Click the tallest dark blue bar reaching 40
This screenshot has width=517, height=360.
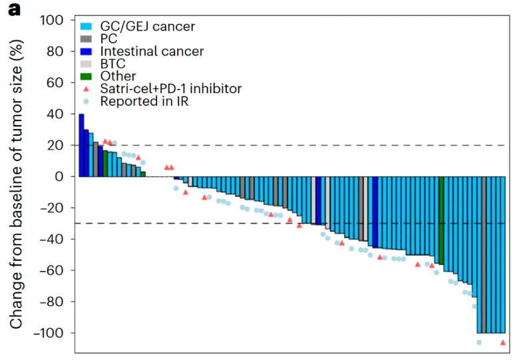pyautogui.click(x=81, y=145)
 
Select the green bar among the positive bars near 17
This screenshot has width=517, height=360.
pyautogui.click(x=105, y=164)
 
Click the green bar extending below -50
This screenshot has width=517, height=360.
pyautogui.click(x=441, y=220)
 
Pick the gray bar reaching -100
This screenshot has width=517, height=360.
pyautogui.click(x=484, y=255)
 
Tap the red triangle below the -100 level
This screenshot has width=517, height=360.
pyautogui.click(x=503, y=343)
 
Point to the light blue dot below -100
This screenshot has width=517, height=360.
pyautogui.click(x=479, y=343)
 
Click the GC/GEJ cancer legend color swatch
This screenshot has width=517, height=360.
pyautogui.click(x=86, y=27)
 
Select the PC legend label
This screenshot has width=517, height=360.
pyautogui.click(x=109, y=39)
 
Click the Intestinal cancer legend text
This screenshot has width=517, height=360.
pyautogui.click(x=152, y=51)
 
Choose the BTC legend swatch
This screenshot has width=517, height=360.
pyautogui.click(x=86, y=64)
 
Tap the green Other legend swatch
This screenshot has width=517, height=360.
pyautogui.click(x=86, y=77)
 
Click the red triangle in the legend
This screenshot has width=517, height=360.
pyautogui.click(x=86, y=89)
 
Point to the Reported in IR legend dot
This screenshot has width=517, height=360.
pyautogui.click(x=86, y=102)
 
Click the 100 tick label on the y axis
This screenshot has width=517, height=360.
pyautogui.click(x=52, y=21)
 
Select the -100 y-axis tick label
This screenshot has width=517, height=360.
pyautogui.click(x=48, y=333)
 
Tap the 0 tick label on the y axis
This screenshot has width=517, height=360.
pyautogui.click(x=59, y=177)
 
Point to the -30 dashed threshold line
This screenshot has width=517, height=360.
pyautogui.click(x=292, y=224)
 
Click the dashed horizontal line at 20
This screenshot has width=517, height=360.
pyautogui.click(x=292, y=145)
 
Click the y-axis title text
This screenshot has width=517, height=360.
pyautogui.click(x=16, y=184)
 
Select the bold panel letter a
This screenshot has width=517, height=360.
pyautogui.click(x=15, y=10)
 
